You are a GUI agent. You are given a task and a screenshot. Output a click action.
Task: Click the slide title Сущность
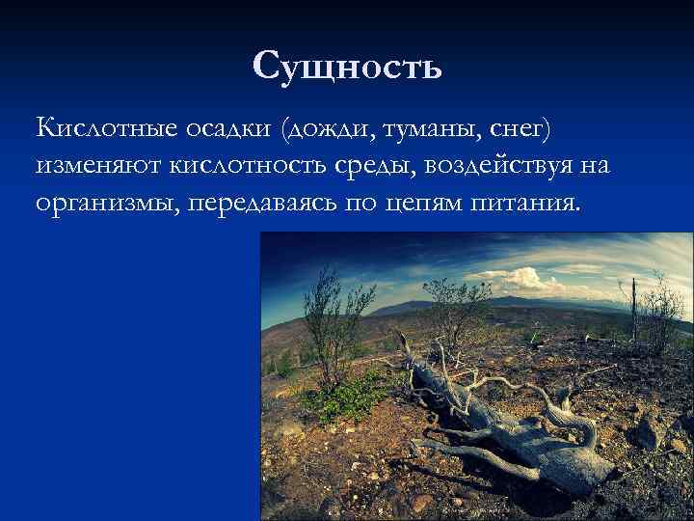point(347,66)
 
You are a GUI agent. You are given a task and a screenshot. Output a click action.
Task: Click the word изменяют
point(99,166)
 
